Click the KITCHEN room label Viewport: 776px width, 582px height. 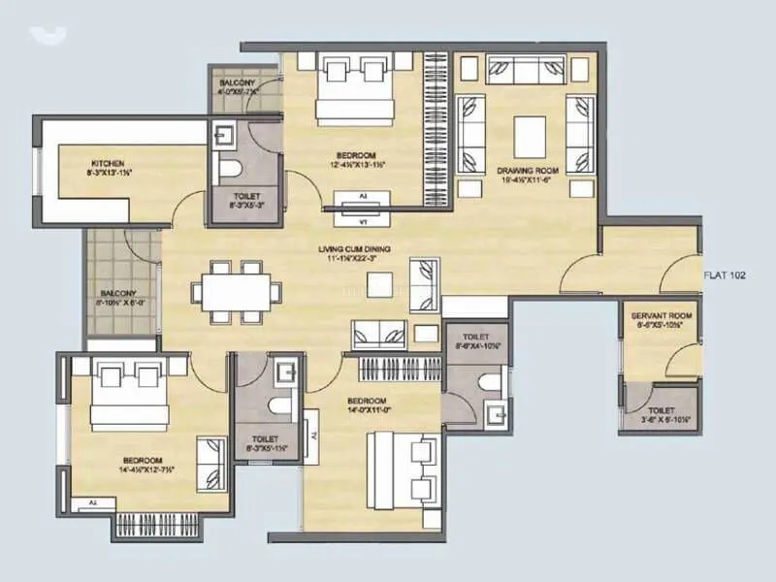tap(108, 162)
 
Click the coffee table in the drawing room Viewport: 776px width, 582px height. tap(528, 134)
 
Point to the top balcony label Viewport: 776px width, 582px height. tap(237, 83)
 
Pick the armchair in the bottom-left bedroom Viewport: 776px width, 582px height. tap(210, 464)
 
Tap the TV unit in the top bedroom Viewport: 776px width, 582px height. tap(364, 200)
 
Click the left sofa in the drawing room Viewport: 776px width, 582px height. tap(471, 135)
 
